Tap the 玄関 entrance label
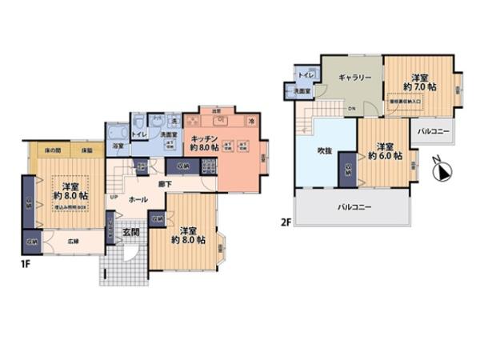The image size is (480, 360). point(130,233)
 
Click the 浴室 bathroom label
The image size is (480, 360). point(118,146)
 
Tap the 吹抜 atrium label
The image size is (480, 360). point(324,150)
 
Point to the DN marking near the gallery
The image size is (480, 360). point(351,109)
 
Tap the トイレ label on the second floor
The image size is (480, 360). point(305,76)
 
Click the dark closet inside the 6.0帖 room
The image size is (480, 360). point(348,170)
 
